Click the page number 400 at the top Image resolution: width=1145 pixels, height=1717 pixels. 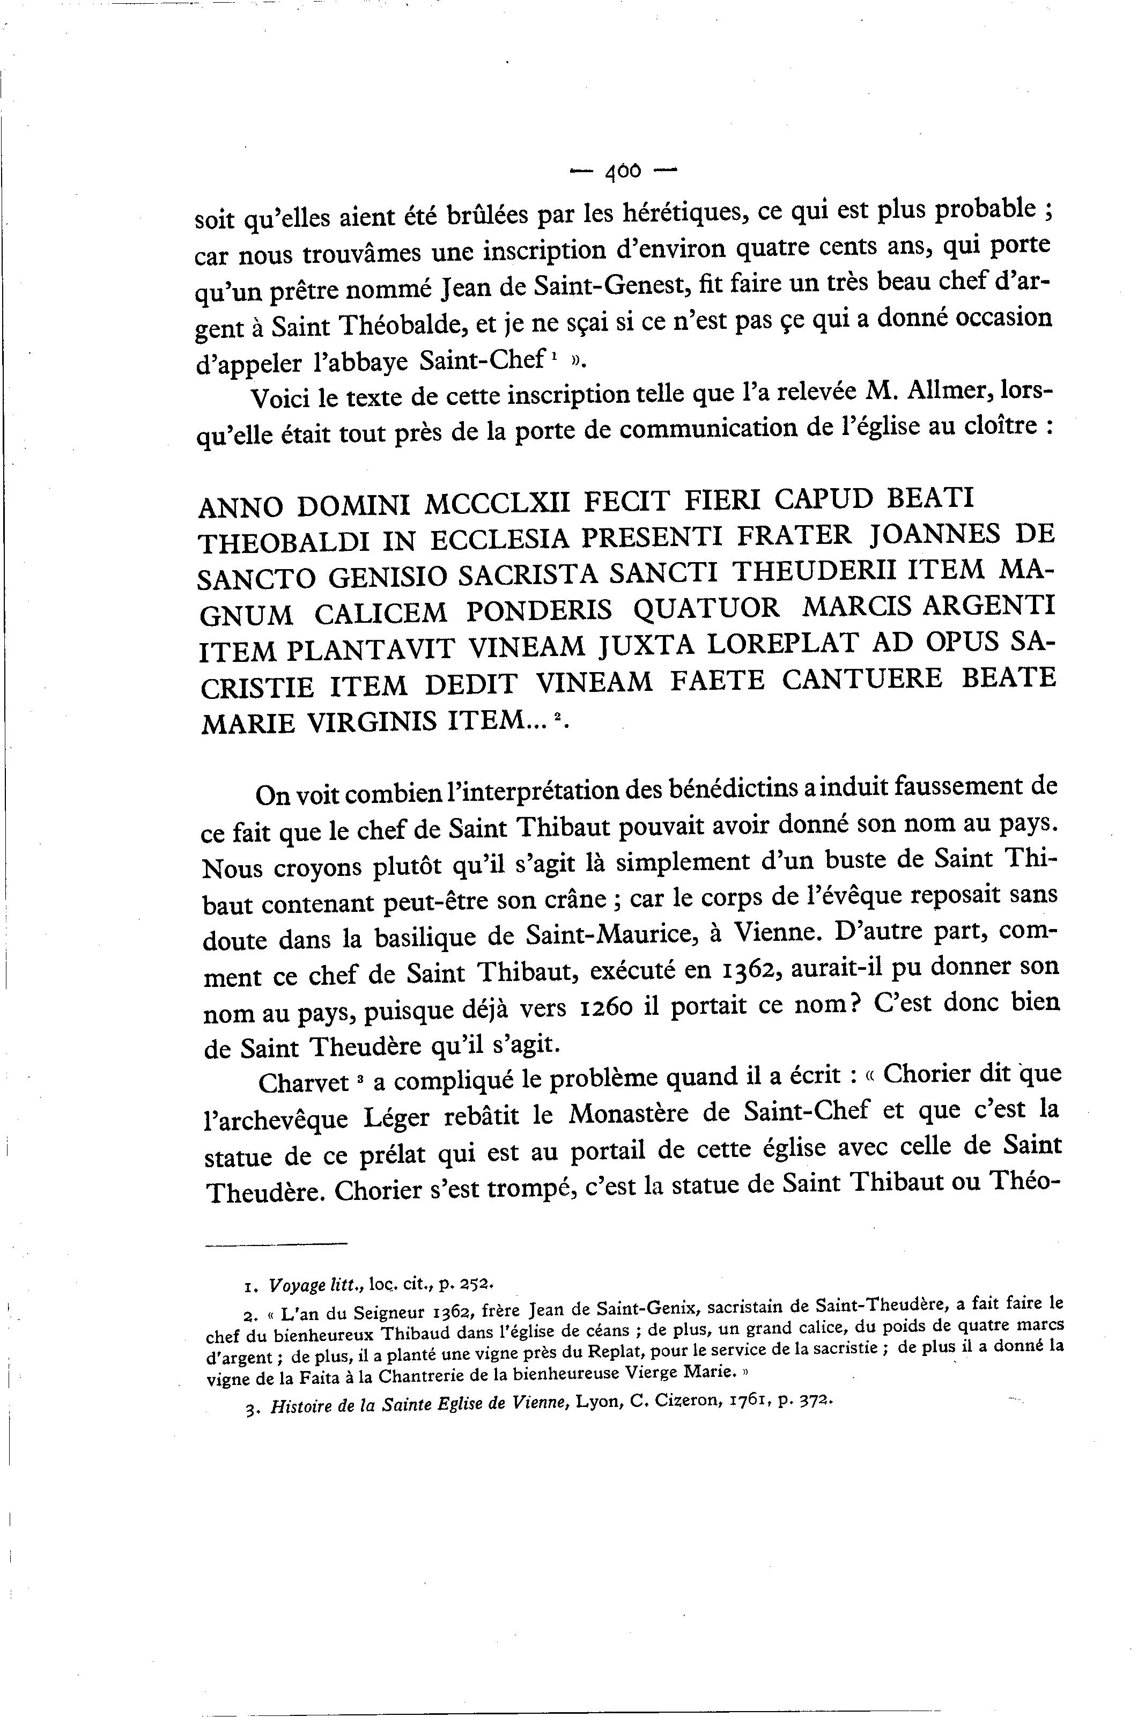[x=623, y=172]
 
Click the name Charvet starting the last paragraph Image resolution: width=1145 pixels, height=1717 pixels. [x=305, y=1082]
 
